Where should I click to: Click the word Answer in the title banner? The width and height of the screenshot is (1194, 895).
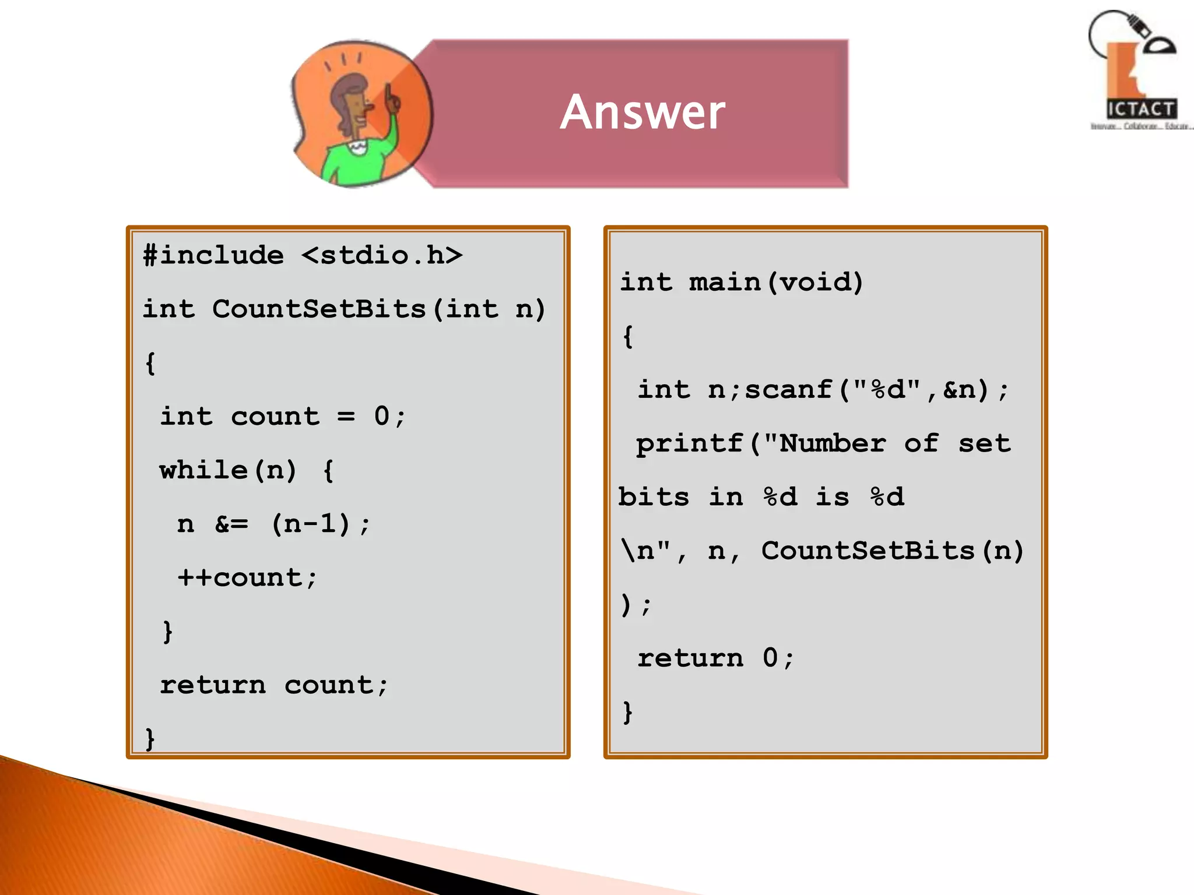click(x=642, y=112)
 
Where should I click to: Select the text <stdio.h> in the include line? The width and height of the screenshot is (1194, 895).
click(x=382, y=255)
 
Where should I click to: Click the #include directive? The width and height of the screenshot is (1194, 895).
click(x=213, y=255)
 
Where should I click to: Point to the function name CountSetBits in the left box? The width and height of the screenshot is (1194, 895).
click(x=319, y=309)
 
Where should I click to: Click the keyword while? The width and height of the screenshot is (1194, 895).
click(x=203, y=470)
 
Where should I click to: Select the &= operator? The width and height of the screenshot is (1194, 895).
click(x=231, y=524)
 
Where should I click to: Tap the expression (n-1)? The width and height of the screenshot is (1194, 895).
click(x=311, y=524)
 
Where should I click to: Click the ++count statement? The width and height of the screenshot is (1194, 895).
click(x=247, y=577)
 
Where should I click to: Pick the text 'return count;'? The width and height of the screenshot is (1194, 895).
click(x=273, y=685)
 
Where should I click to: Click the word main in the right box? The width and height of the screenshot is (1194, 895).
click(x=725, y=282)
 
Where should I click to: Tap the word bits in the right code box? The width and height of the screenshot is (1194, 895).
click(x=654, y=497)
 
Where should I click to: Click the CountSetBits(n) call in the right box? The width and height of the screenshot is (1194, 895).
click(x=892, y=551)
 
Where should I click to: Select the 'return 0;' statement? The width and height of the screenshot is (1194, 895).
click(x=715, y=658)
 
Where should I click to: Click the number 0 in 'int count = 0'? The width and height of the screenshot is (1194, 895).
click(x=381, y=416)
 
